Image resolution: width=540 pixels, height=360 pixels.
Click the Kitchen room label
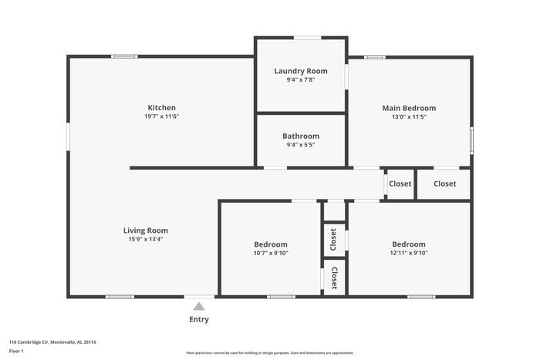pos(161,107)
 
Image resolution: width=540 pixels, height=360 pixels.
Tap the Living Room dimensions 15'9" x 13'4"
pos(146,239)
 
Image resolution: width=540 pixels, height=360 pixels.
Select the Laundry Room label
pos(301,71)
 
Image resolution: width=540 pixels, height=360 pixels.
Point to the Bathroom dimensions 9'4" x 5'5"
pos(301,145)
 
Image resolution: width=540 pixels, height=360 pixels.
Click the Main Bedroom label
pos(409,108)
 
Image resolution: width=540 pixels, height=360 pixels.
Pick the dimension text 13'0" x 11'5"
pos(409,117)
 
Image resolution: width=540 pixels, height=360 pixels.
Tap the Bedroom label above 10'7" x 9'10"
pos(271,244)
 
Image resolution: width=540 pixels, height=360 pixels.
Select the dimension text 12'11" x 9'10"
pos(409,253)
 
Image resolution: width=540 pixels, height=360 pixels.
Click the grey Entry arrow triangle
pos(199,306)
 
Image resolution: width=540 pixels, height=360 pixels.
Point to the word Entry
pos(199,319)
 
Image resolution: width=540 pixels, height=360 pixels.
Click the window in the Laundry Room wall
pos(308,37)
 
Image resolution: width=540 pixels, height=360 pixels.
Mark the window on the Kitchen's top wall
pos(124,56)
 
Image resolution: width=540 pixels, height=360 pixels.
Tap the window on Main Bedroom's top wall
pos(375,57)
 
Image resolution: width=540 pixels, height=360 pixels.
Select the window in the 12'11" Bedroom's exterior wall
pos(420,296)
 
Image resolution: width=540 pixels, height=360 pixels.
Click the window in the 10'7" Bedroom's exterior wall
pos(281,296)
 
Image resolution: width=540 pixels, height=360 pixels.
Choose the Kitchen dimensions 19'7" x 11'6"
pos(161,116)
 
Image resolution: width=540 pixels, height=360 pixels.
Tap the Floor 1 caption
pos(16,351)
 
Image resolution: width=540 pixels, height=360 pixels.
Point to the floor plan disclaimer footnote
pos(269,352)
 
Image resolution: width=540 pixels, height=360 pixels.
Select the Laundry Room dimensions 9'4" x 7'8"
pos(301,79)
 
